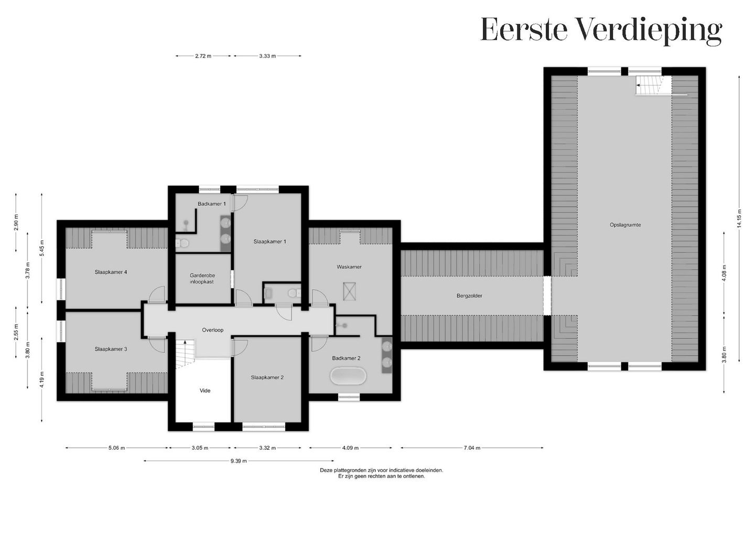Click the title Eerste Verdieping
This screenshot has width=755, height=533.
(601, 30)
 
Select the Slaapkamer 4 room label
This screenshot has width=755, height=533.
(111, 272)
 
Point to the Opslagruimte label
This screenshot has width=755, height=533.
(625, 225)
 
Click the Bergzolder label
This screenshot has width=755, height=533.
(469, 296)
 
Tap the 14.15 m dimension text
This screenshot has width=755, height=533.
(739, 221)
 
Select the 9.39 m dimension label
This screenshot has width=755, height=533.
(238, 461)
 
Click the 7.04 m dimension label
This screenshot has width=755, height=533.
(472, 448)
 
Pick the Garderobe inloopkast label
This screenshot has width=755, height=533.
(202, 279)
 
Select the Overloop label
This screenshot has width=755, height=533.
(213, 330)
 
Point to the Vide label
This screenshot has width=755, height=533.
(205, 391)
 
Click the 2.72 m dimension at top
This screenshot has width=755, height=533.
(203, 56)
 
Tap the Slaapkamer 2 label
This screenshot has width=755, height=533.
(267, 377)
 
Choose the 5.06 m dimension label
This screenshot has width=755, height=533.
(116, 448)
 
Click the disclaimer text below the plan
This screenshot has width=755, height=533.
(381, 473)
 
